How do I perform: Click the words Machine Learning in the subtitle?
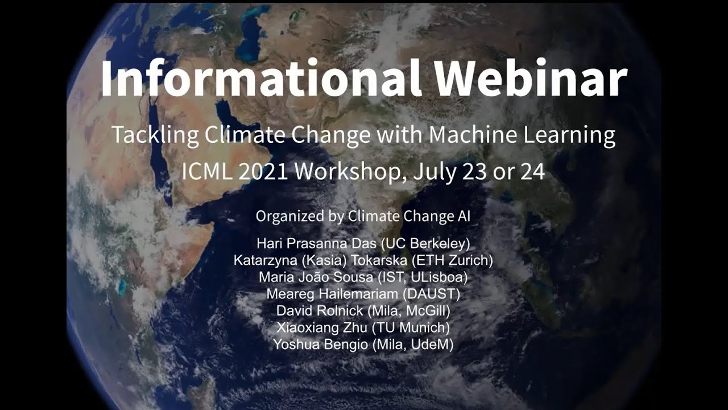522,136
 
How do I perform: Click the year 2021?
263,171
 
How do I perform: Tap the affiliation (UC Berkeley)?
425,244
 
